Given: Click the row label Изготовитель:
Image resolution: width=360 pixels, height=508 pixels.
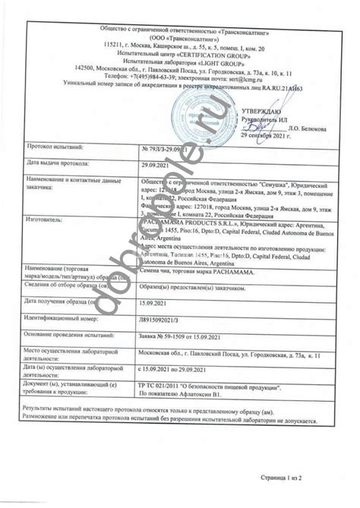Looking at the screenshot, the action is coord(48,216).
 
